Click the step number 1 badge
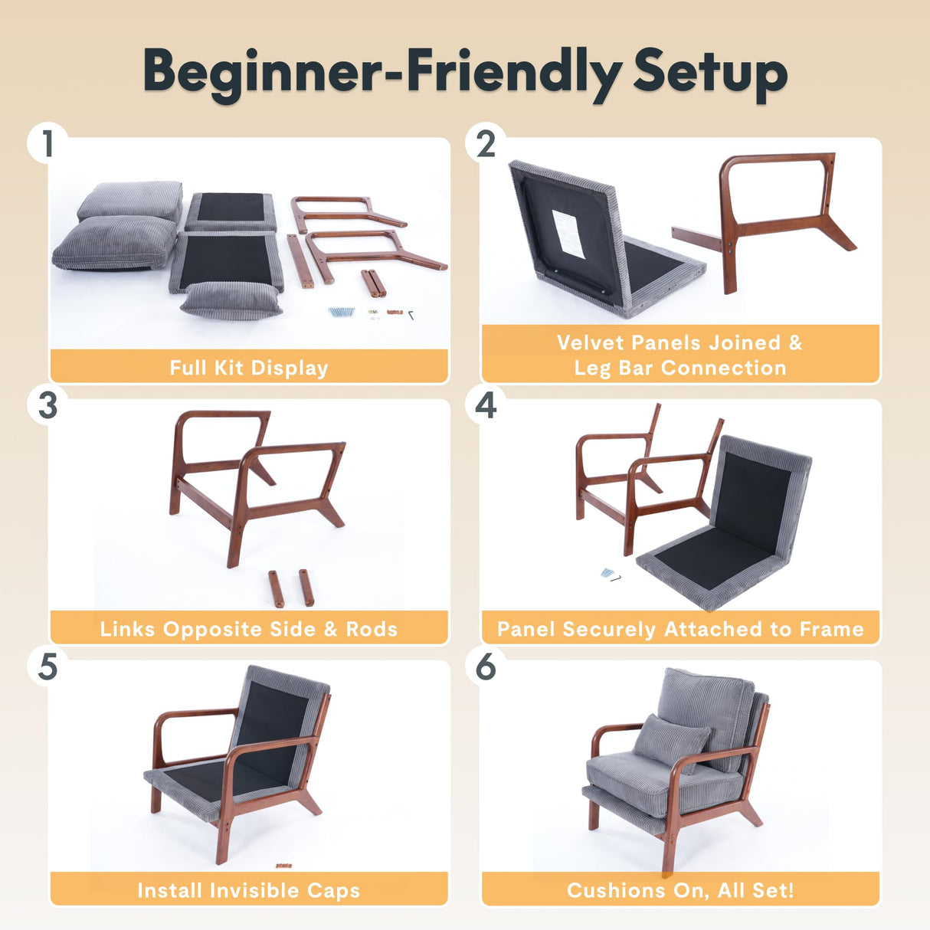[x=47, y=144]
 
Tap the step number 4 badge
[x=486, y=405]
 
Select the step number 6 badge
[x=486, y=666]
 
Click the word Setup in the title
[x=709, y=73]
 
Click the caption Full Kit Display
[x=249, y=368]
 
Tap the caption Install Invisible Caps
[x=249, y=890]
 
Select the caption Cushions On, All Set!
[x=680, y=890]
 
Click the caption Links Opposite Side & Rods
[x=249, y=629]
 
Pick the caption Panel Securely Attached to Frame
[x=680, y=629]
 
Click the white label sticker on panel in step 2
[x=568, y=233]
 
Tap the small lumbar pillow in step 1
[x=230, y=300]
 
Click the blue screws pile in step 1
[x=342, y=312]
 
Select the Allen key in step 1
[x=411, y=314]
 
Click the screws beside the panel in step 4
[x=609, y=574]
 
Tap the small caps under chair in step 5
[x=283, y=866]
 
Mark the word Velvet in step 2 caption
[x=589, y=342]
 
